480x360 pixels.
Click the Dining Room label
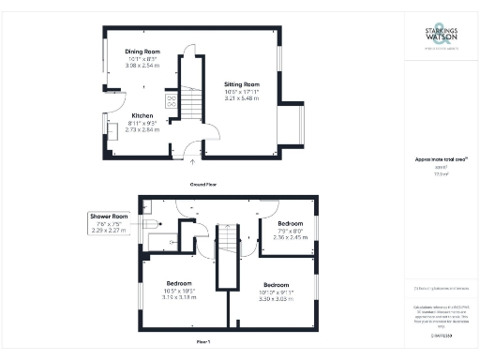(x=143, y=52)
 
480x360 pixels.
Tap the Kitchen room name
(x=142, y=116)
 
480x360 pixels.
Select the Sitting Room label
(x=241, y=84)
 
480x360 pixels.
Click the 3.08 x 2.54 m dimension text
(x=143, y=67)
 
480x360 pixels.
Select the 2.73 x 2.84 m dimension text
(x=142, y=129)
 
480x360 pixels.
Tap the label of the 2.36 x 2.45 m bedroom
(x=289, y=225)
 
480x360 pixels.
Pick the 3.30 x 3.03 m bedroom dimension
(x=276, y=297)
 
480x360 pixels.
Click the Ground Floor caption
(x=203, y=185)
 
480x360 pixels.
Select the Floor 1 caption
(x=203, y=343)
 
